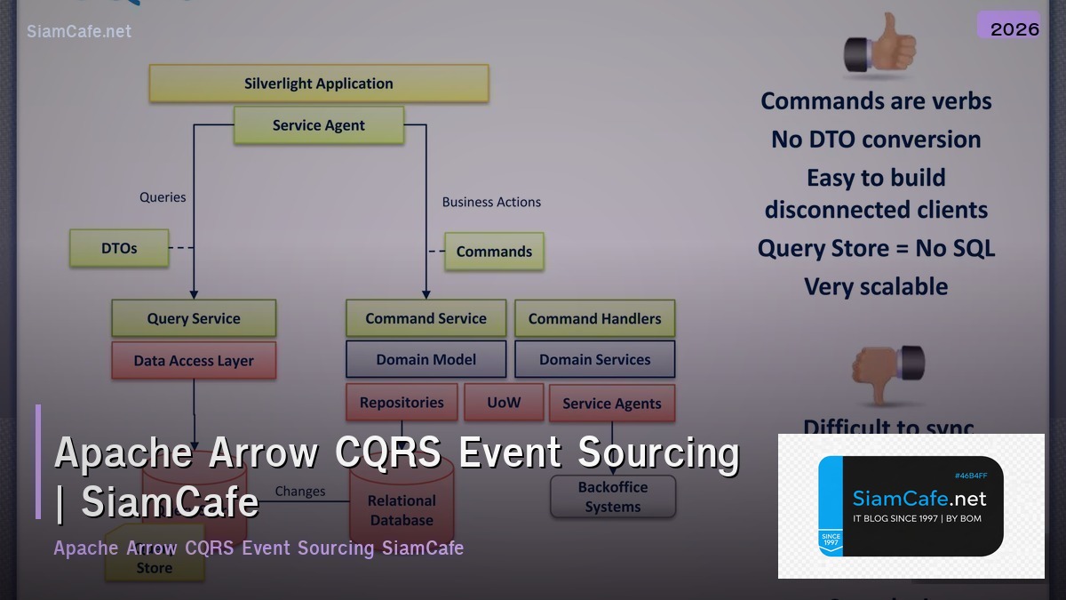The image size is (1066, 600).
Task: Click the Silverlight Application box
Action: [x=318, y=84]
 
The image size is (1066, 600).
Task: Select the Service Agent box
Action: [x=318, y=125]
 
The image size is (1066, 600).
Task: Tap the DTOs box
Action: [x=119, y=249]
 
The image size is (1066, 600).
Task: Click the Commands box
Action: [x=494, y=252]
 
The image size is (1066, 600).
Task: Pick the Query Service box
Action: [x=194, y=318]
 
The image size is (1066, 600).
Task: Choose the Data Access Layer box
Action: [x=194, y=361]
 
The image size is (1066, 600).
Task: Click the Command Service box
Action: [x=426, y=318]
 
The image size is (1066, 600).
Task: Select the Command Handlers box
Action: [x=594, y=318]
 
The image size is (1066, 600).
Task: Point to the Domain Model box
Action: [x=426, y=360]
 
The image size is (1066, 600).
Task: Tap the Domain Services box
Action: [x=594, y=360]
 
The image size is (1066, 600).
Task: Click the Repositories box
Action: [x=402, y=403]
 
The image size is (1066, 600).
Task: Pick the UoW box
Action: [x=504, y=403]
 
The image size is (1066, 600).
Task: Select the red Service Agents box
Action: [x=612, y=404]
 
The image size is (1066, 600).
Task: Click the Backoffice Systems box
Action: [x=613, y=497]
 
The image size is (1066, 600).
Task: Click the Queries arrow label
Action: [x=163, y=197]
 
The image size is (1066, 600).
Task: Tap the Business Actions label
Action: [x=491, y=202]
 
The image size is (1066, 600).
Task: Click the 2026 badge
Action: [x=1014, y=28]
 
